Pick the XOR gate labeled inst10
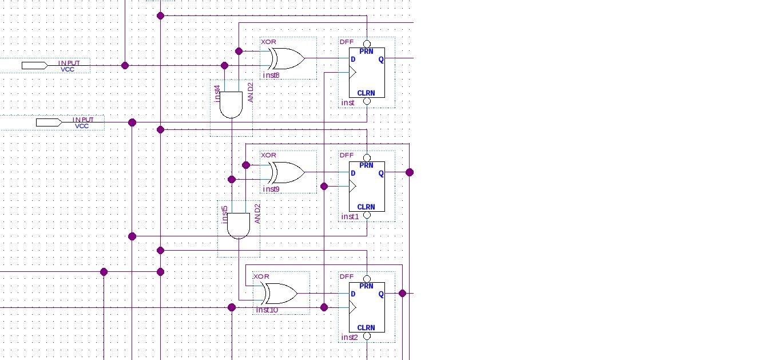coord(280,294)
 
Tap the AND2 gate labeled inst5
coord(239,226)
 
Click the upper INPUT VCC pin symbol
coord(34,65)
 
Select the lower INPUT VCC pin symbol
coord(49,122)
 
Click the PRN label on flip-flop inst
coord(366,52)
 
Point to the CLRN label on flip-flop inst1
coord(366,207)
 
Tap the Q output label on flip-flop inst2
coord(381,294)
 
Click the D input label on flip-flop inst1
coord(353,173)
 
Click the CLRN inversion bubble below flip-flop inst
coord(367,102)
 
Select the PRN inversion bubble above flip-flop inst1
coord(367,157)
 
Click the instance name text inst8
coord(271,75)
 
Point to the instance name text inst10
coord(267,310)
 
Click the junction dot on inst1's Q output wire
coord(409,172)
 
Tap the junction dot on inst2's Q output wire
coord(402,293)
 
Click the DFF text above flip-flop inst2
coord(347,276)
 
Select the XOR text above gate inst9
coord(268,155)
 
